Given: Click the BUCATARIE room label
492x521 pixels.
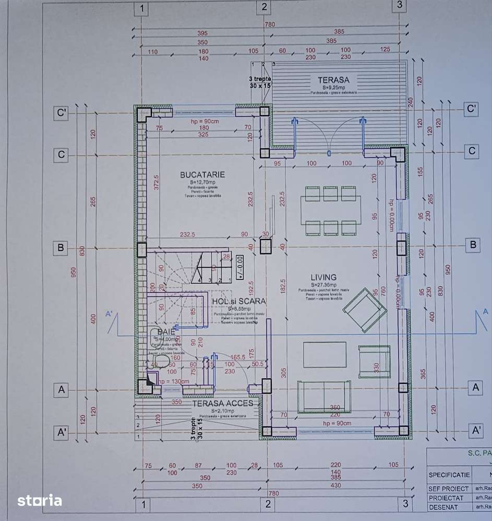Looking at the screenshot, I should point(202,175).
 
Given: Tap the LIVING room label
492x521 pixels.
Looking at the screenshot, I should point(323,277).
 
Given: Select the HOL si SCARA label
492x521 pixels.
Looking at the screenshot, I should point(239,301).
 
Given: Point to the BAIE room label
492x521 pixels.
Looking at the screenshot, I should point(166,332).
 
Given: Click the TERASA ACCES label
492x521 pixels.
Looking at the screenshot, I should point(222,403).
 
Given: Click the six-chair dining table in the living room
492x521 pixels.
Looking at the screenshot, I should point(330,211).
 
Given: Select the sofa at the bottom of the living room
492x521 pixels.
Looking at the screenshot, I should point(323,397).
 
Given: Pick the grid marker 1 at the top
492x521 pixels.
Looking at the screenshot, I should point(141,8).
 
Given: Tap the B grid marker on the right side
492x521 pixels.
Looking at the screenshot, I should point(472,244).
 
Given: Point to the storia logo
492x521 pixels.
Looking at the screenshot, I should point(40,501).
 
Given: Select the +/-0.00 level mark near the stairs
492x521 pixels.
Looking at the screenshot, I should point(240,266).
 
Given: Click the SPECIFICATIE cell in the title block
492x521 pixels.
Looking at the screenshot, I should point(449,475).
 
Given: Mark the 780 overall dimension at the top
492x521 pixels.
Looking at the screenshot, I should point(270,25).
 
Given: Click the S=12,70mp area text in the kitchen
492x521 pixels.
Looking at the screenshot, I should point(202,182).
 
